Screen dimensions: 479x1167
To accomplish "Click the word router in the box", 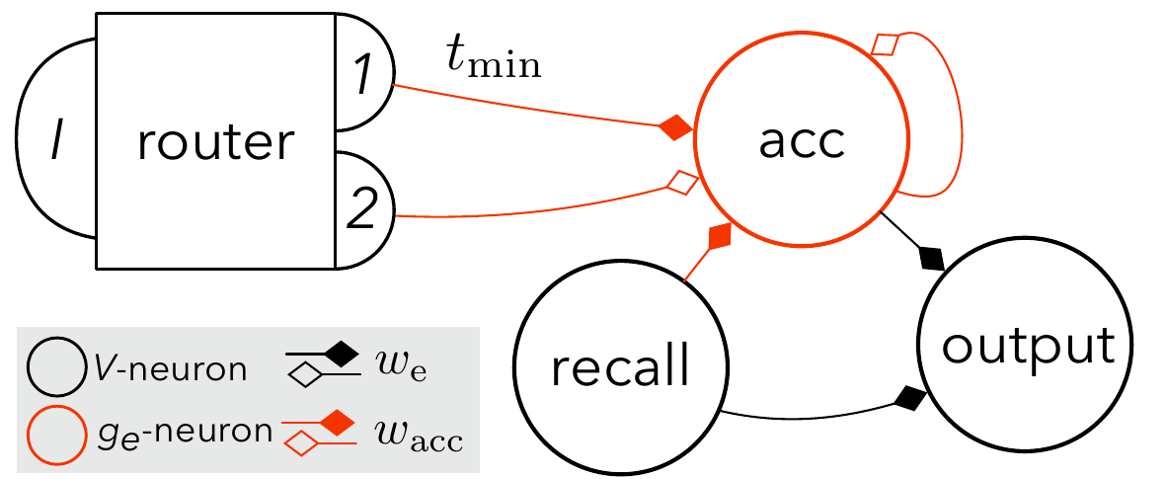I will click(x=216, y=143).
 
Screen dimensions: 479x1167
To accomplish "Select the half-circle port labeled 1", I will click(x=363, y=76).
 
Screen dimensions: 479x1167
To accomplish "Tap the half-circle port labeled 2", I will click(x=363, y=209).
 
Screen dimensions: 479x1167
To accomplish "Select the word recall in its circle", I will click(x=620, y=368).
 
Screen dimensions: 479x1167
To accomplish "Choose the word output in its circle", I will click(x=1029, y=347).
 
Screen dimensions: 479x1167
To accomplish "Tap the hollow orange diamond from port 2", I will click(x=682, y=182).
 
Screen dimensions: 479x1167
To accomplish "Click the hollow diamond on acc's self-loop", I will click(x=886, y=44).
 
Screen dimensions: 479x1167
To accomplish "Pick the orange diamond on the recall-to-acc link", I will click(x=719, y=235).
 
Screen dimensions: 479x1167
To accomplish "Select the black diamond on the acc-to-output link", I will click(x=931, y=259).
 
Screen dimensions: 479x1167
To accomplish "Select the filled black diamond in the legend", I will click(x=340, y=352).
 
